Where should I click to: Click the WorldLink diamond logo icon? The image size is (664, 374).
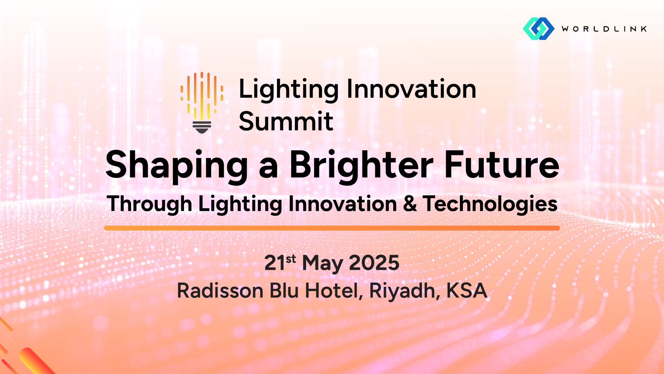tap(538, 28)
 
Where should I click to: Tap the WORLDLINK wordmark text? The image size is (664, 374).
tap(604, 29)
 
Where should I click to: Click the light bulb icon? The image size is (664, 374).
tap(202, 103)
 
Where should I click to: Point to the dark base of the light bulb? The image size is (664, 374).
tap(202, 127)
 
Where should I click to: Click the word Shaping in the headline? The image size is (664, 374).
tap(177, 166)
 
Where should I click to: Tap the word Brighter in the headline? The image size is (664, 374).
tap(361, 166)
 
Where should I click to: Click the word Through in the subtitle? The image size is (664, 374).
tap(149, 204)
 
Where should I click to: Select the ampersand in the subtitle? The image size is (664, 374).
tap(410, 204)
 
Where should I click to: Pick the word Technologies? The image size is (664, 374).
tap(490, 204)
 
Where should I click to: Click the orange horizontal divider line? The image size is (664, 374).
tap(332, 228)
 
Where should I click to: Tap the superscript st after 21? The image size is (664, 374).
tap(291, 259)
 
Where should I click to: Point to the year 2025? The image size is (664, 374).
tap(374, 263)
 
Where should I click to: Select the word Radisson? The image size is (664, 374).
tap(220, 291)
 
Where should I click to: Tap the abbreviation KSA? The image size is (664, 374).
tap(467, 291)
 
